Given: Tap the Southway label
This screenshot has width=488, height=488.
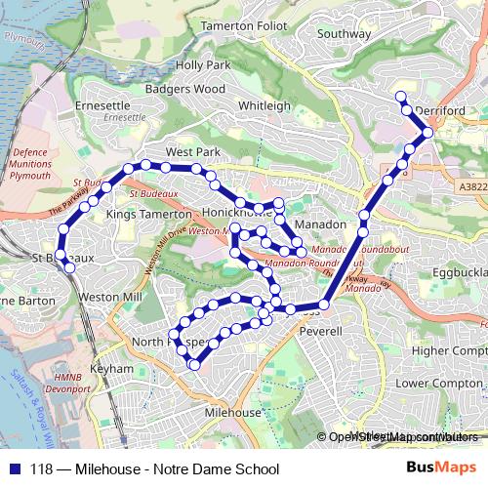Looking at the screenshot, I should coord(345,33).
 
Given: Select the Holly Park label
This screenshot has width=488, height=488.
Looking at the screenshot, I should coord(202,65).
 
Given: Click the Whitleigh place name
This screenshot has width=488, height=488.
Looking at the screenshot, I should coord(264,105).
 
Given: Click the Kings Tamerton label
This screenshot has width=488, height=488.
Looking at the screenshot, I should coord(148,213).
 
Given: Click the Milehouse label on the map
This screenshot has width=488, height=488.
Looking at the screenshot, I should coord(233,413).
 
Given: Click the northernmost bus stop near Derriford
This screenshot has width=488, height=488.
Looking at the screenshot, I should coord(400,96).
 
